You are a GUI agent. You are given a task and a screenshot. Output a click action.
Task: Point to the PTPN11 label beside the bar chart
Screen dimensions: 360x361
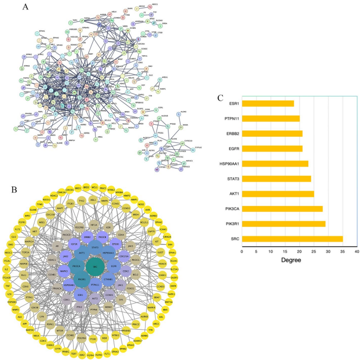[x=227, y=118]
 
